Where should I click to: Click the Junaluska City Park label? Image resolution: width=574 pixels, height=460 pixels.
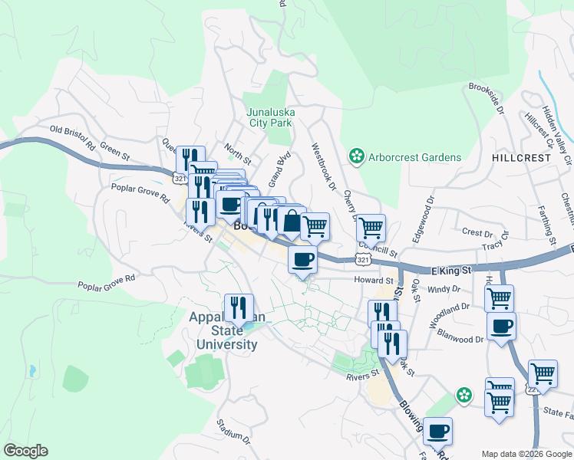[x=269, y=116]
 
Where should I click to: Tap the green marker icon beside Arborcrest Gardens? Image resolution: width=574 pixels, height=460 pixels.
[x=356, y=157]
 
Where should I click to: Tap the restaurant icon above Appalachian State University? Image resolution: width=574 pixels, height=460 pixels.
[x=239, y=307]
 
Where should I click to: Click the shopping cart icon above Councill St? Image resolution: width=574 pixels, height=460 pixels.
[x=371, y=227]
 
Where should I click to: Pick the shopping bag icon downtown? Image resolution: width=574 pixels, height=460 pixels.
[x=292, y=222]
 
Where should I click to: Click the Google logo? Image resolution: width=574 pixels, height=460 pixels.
[x=25, y=451]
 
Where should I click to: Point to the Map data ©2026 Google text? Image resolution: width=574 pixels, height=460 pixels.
[x=526, y=454]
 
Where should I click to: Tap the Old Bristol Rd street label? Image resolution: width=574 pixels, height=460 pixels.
[x=72, y=138]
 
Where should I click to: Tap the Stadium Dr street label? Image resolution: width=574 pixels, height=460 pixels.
[x=233, y=432]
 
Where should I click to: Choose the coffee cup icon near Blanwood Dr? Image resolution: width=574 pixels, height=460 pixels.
[x=501, y=327]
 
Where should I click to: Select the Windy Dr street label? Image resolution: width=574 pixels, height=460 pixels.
[x=444, y=289]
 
